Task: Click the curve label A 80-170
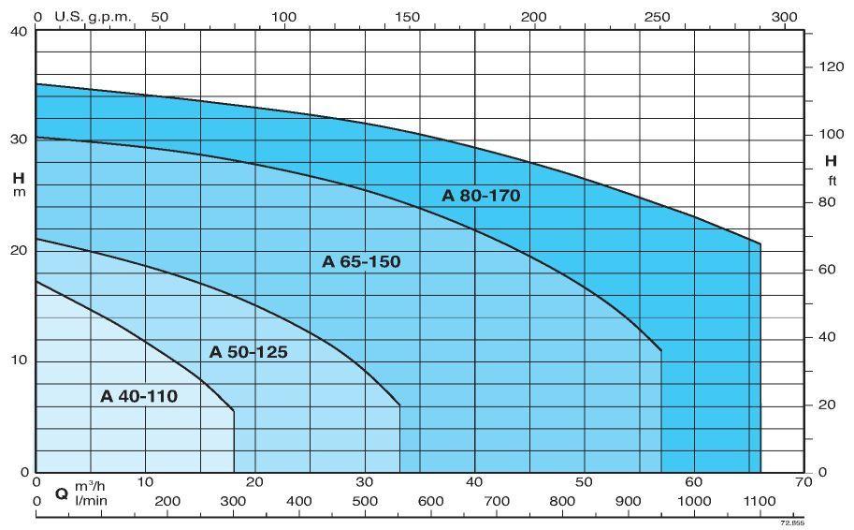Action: tap(481, 196)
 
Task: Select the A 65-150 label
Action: tap(361, 261)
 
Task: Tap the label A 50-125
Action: tap(248, 352)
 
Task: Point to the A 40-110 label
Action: tap(138, 396)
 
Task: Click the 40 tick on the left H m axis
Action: tap(20, 32)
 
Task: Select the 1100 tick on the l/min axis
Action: tap(760, 501)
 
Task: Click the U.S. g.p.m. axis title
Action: tap(94, 17)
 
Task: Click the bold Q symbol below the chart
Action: tap(62, 493)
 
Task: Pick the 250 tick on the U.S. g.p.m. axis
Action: tap(658, 17)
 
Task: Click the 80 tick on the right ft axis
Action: tap(825, 202)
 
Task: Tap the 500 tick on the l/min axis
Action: tap(365, 501)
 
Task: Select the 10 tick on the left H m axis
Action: tap(20, 361)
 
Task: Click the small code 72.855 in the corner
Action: tap(792, 523)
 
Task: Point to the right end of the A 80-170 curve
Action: tap(760, 244)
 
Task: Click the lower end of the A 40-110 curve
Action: tap(233, 410)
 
